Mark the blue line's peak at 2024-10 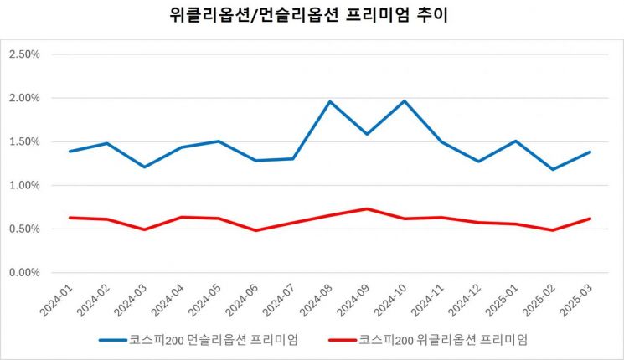click(x=405, y=101)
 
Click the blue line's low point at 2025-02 click(x=553, y=169)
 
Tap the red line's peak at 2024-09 click(x=367, y=208)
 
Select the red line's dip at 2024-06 click(x=255, y=230)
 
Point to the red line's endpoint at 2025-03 click(x=590, y=219)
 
